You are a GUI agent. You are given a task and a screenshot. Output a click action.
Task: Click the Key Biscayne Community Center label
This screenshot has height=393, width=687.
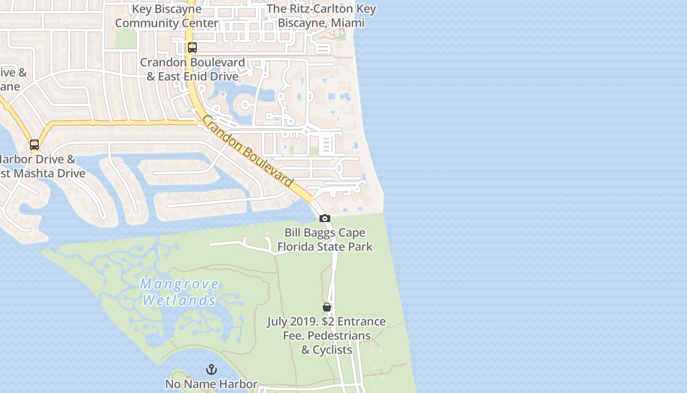click(x=166, y=16)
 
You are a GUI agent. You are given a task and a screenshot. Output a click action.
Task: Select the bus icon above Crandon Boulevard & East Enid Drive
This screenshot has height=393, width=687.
click(x=192, y=48)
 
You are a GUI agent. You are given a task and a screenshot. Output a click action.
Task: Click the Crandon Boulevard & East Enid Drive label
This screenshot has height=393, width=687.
click(x=192, y=69)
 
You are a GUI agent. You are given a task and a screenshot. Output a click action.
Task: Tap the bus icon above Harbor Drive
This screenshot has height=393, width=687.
click(x=34, y=145)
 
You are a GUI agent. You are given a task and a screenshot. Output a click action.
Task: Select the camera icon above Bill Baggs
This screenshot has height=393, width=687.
click(x=324, y=218)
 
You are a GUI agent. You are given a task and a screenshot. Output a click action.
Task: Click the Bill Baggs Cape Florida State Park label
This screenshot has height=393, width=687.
click(x=325, y=239)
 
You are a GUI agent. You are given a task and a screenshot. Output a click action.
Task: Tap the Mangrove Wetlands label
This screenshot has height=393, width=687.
click(x=179, y=292)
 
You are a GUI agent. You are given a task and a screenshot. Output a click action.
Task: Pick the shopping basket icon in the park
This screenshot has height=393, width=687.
click(x=327, y=307)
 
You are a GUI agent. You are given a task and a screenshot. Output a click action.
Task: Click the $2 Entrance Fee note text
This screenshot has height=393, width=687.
click(x=326, y=336)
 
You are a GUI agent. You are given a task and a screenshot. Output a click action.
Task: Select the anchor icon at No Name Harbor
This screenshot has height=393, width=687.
click(x=211, y=369)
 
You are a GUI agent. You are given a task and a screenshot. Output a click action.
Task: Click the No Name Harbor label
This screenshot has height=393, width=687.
click(x=211, y=384)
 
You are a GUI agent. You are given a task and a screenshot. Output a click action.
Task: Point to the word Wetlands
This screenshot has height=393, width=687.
click(x=179, y=300)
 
